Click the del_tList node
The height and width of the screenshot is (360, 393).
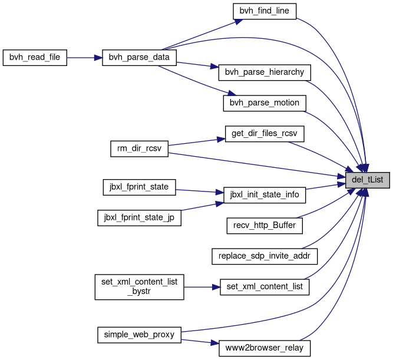point(368,180)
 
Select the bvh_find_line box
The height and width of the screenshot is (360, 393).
point(264,11)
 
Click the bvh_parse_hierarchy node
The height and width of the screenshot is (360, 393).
point(264,73)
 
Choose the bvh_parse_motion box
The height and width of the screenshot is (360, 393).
point(264,103)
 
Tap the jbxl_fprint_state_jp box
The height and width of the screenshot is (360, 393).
point(139,217)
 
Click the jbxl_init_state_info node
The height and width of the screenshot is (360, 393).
point(264,194)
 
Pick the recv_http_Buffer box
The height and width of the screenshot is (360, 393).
point(264,224)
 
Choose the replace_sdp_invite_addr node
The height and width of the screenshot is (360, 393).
point(264,256)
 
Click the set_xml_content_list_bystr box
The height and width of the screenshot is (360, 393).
point(139,286)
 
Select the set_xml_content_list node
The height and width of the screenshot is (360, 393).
point(264,287)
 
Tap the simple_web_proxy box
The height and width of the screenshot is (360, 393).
point(139,334)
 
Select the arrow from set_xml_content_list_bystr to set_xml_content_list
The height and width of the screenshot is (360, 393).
point(202,287)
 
